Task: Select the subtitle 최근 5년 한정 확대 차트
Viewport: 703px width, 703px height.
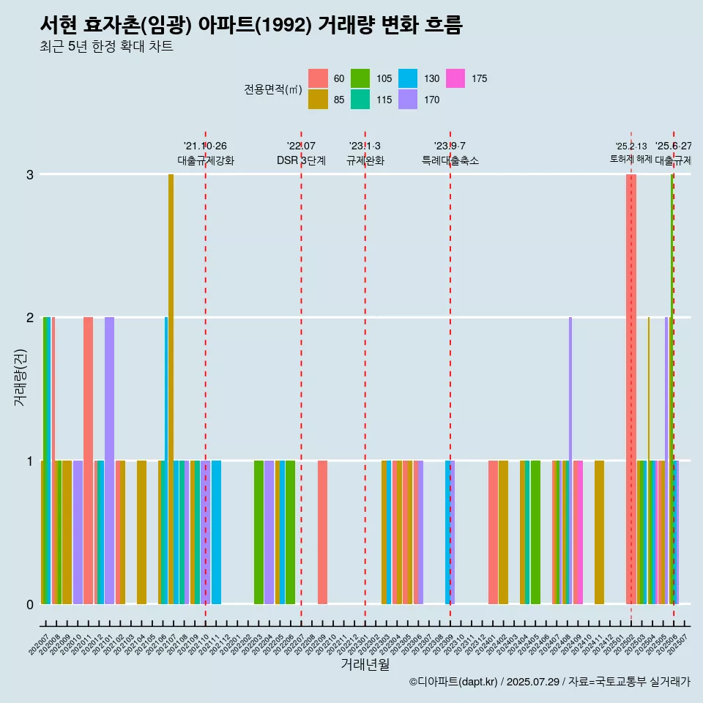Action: coord(106,48)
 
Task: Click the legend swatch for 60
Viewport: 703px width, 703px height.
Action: coord(318,78)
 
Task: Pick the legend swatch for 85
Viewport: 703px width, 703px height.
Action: coord(318,100)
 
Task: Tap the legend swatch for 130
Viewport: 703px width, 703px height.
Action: coord(408,78)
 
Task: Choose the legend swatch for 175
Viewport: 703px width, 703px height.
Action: coord(455,78)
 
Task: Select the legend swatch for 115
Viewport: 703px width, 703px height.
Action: coord(360,100)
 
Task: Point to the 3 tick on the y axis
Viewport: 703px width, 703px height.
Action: coord(30,174)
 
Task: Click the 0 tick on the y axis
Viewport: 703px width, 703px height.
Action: coord(30,604)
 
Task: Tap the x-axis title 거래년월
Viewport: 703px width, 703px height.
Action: coord(365,664)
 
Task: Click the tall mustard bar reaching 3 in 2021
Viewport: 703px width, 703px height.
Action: coord(171,388)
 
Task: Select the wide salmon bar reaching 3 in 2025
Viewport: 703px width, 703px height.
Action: coord(631,388)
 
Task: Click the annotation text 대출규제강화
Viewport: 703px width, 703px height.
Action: coord(206,160)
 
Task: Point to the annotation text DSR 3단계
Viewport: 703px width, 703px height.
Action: coord(301,160)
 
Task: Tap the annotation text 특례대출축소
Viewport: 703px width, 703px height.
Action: coord(450,160)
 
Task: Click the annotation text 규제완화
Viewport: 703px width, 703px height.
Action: coord(365,160)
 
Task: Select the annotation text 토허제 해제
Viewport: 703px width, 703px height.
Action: coord(631,159)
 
